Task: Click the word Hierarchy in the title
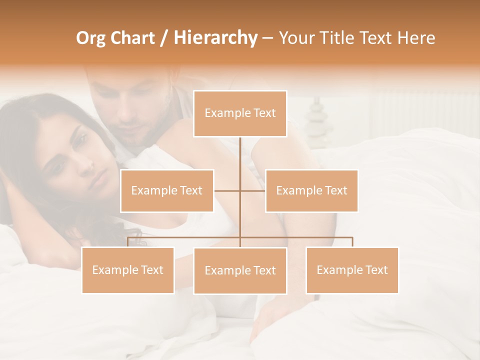pos(215,38)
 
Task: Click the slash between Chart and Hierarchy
pos(164,38)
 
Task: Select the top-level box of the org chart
pos(240,113)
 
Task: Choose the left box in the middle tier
pos(167,190)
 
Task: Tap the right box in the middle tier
pos(311,190)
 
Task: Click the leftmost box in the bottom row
pos(128,270)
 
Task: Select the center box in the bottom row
pos(240,270)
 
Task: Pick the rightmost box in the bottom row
pos(352,270)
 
